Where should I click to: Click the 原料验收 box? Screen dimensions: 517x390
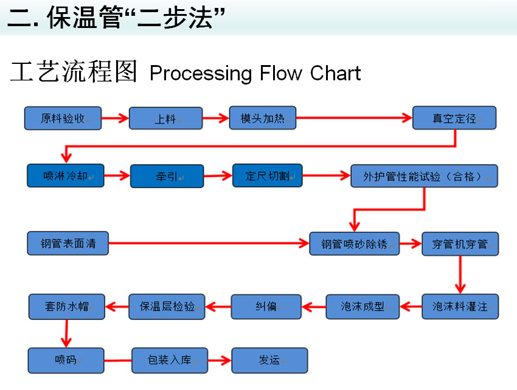(63, 118)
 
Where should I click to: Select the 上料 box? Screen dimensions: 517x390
(165, 118)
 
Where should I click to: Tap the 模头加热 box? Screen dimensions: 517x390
(263, 118)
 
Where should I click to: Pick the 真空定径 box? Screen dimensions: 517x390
(454, 118)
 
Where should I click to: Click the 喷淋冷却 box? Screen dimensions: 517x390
(66, 176)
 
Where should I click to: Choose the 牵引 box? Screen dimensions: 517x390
(167, 176)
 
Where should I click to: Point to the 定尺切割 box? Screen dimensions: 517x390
(268, 176)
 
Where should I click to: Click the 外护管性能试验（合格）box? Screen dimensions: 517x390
(424, 176)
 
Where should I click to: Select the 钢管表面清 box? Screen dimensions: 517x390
(68, 243)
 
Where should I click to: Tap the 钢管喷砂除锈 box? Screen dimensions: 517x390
(355, 244)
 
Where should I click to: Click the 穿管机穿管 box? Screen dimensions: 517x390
(460, 244)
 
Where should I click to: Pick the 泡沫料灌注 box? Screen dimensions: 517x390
(460, 307)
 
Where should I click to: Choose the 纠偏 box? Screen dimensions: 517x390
(266, 307)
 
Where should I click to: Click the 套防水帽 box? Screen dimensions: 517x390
(67, 307)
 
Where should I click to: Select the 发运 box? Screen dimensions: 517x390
(269, 360)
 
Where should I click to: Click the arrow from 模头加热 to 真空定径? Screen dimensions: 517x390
(354, 118)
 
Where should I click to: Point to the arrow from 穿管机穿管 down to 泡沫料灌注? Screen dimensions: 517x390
(460, 275)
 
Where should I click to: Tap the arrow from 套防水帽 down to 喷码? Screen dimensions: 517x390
(66, 333)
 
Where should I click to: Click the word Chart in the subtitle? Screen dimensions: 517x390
(335, 73)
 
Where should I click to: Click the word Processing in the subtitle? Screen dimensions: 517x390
(201, 74)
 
